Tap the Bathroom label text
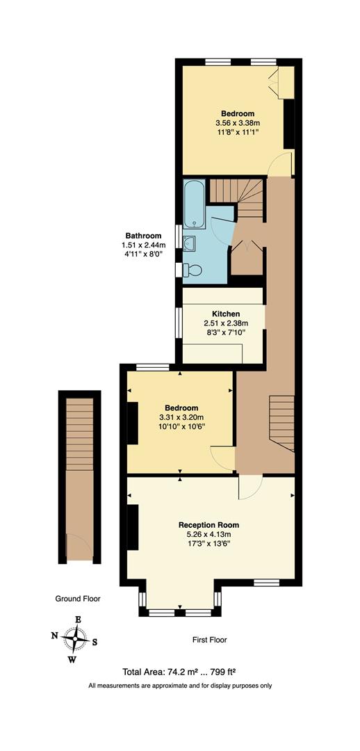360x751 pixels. (x=143, y=235)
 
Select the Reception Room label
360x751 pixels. (x=208, y=524)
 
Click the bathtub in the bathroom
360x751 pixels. (x=193, y=204)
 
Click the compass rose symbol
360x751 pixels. (x=74, y=638)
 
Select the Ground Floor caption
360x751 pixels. (x=78, y=599)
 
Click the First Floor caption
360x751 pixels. (x=209, y=640)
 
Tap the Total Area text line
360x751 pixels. (x=179, y=672)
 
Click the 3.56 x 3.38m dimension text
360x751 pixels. (x=238, y=124)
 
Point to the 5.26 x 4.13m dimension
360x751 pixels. (x=208, y=534)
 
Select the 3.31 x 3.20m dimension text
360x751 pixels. (x=181, y=417)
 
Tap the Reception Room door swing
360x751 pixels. (x=249, y=487)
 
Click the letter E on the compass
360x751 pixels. (x=78, y=620)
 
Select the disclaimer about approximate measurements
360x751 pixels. (x=179, y=686)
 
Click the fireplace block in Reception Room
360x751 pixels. (x=131, y=528)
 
